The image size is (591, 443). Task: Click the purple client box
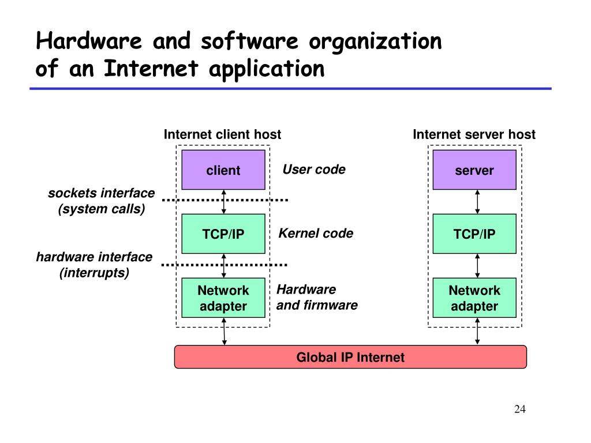point(223,170)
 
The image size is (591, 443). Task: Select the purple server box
point(474,170)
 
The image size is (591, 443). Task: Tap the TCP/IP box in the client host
point(223,234)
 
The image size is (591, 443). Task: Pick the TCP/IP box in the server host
point(474,234)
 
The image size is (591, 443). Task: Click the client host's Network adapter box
point(223,298)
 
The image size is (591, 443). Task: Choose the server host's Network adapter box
point(474,298)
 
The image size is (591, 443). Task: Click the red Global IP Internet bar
point(350,357)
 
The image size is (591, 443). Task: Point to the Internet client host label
point(223,134)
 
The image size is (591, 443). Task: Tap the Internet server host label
point(474,134)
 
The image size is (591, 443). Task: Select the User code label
point(313,169)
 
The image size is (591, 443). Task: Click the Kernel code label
point(316,233)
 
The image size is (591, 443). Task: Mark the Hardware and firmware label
point(317,297)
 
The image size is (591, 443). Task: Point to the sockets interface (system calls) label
point(101,201)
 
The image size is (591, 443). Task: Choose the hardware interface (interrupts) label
point(94,265)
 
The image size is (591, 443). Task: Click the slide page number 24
point(520,410)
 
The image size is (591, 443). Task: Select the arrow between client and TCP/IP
point(224,201)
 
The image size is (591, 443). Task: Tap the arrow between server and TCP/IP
point(477,201)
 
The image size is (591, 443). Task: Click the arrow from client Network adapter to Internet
point(224,332)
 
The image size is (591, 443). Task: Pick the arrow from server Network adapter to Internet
point(477,332)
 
